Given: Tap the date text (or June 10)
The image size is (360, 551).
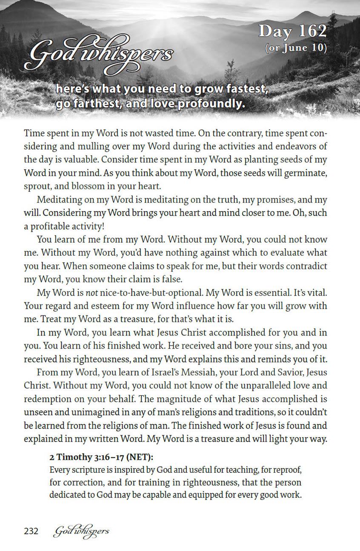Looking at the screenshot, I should tap(295, 48).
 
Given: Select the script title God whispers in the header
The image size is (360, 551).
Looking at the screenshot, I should tap(99, 56).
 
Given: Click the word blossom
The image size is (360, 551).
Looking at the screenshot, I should tap(92, 186).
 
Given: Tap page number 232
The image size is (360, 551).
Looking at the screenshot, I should tap(31, 531).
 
